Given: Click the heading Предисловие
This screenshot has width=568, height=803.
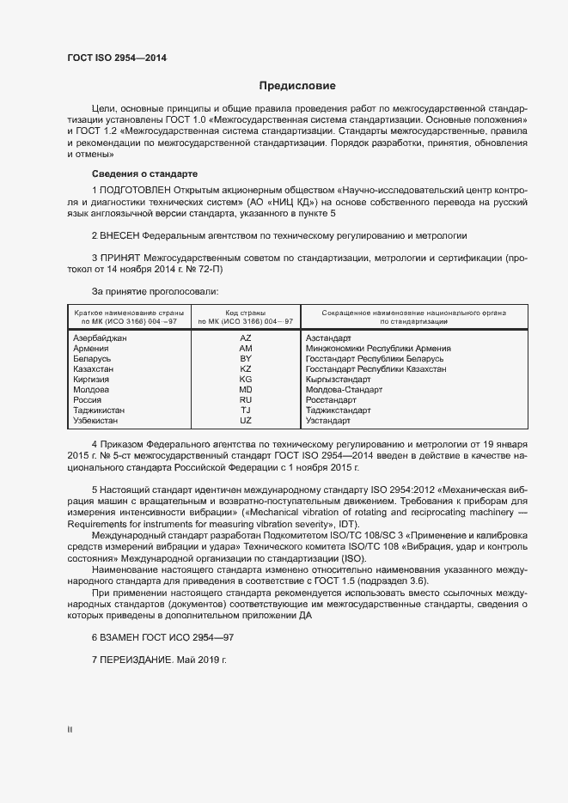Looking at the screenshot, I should (298, 86).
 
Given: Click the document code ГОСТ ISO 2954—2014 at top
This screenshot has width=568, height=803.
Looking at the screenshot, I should (117, 58).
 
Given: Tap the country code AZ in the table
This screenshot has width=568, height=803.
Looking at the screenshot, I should (246, 338).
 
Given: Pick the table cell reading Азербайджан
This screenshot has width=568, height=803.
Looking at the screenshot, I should (101, 338).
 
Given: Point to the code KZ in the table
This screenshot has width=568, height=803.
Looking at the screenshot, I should (246, 369).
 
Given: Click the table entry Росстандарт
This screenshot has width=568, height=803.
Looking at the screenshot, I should (331, 400).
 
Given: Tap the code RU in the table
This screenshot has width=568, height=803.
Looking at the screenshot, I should (246, 400).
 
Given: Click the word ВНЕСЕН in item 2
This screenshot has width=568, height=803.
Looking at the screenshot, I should (119, 234).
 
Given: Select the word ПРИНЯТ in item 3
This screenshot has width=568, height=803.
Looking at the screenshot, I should (119, 258).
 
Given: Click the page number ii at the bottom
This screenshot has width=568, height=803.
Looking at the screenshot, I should (70, 729).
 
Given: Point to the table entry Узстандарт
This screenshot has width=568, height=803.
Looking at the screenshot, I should (328, 421).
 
